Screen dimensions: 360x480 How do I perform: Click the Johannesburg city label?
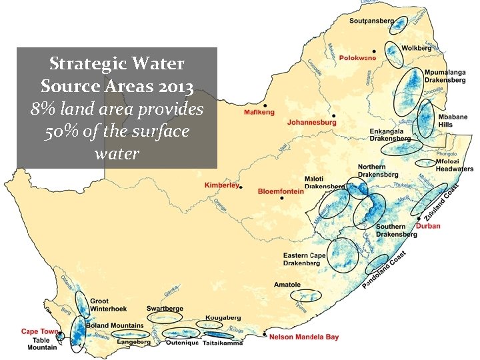point(311,123)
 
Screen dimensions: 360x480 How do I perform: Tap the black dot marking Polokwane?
point(375,51)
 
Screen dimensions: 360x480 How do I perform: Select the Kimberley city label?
point(221,185)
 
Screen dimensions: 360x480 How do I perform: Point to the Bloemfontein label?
point(281,191)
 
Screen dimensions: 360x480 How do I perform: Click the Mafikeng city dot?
point(265,105)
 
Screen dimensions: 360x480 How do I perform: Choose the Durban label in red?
point(427,226)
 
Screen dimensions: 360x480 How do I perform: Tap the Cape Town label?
point(39,331)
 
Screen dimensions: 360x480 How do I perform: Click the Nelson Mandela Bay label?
point(304,337)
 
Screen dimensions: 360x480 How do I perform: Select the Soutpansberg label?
point(371,21)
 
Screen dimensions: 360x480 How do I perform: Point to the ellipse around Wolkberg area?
point(394,55)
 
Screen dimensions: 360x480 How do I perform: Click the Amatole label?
point(287,285)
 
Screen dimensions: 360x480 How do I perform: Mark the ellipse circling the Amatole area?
point(305,295)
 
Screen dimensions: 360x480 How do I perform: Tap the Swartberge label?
point(165,309)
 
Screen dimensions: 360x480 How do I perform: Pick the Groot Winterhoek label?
point(108,305)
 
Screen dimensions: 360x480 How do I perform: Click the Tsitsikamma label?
point(221,343)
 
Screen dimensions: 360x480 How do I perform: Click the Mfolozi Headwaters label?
point(454,165)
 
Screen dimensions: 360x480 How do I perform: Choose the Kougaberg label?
point(223,319)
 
